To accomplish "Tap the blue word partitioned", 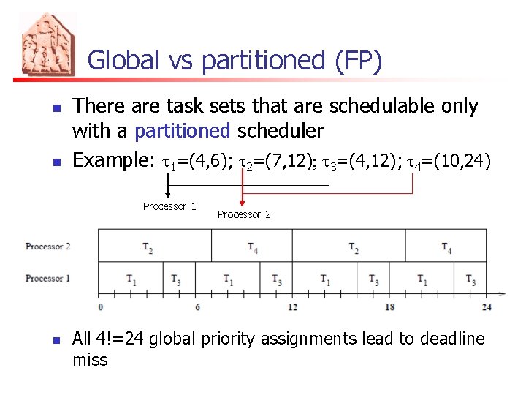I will (x=183, y=131).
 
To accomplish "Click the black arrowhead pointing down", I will (x=168, y=195).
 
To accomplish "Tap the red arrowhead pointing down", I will (x=243, y=203).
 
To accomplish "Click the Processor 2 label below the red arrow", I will (x=244, y=214).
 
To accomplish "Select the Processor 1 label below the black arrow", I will (x=169, y=206).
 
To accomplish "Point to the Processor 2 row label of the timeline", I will (x=47, y=247).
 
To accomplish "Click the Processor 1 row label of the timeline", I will (x=47, y=279).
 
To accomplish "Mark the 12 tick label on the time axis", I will (x=292, y=307).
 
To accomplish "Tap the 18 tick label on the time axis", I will (x=389, y=307).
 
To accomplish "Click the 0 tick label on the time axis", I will (x=99, y=307).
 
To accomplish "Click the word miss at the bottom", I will (x=89, y=360).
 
